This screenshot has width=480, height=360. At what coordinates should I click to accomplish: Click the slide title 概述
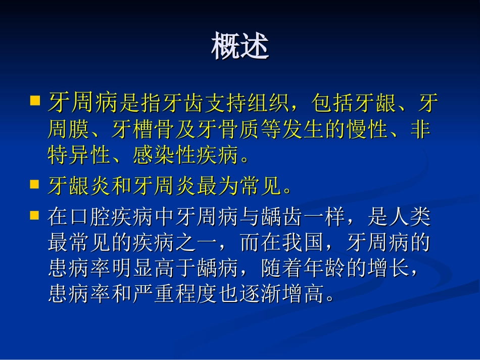coord(240,46)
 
